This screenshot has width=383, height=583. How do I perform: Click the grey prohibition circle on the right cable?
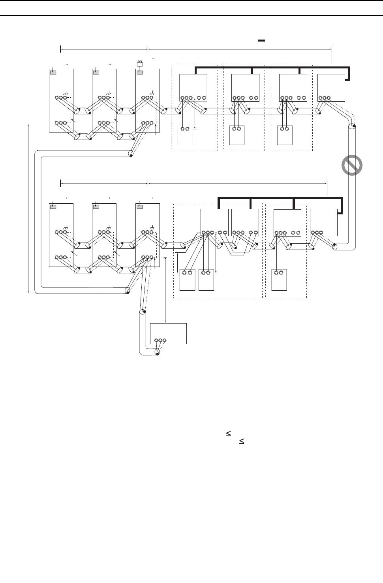click(352, 165)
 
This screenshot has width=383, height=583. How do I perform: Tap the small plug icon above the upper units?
click(139, 63)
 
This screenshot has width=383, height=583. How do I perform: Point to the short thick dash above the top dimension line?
click(261, 40)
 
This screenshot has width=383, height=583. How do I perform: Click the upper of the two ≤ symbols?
click(228, 434)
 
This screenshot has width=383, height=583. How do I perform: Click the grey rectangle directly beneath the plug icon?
click(139, 72)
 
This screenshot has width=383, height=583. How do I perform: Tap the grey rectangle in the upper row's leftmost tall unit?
click(53, 72)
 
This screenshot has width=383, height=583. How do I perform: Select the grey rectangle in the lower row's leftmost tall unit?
click(53, 206)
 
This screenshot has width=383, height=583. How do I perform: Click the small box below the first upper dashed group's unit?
click(185, 135)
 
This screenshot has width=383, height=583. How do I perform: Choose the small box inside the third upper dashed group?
click(285, 135)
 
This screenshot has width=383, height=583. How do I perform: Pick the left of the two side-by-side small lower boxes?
click(187, 280)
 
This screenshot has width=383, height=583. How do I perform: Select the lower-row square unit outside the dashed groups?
click(324, 222)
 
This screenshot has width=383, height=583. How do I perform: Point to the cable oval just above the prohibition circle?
click(351, 128)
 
